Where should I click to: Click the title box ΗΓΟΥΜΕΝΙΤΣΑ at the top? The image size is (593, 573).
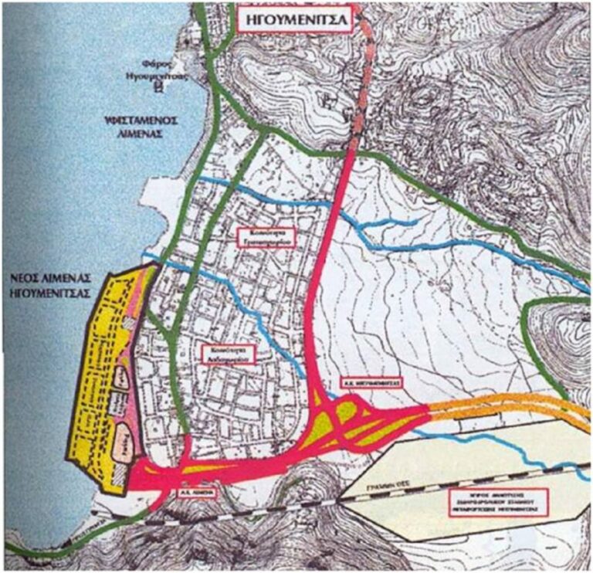298,18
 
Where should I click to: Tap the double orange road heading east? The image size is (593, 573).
510,406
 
